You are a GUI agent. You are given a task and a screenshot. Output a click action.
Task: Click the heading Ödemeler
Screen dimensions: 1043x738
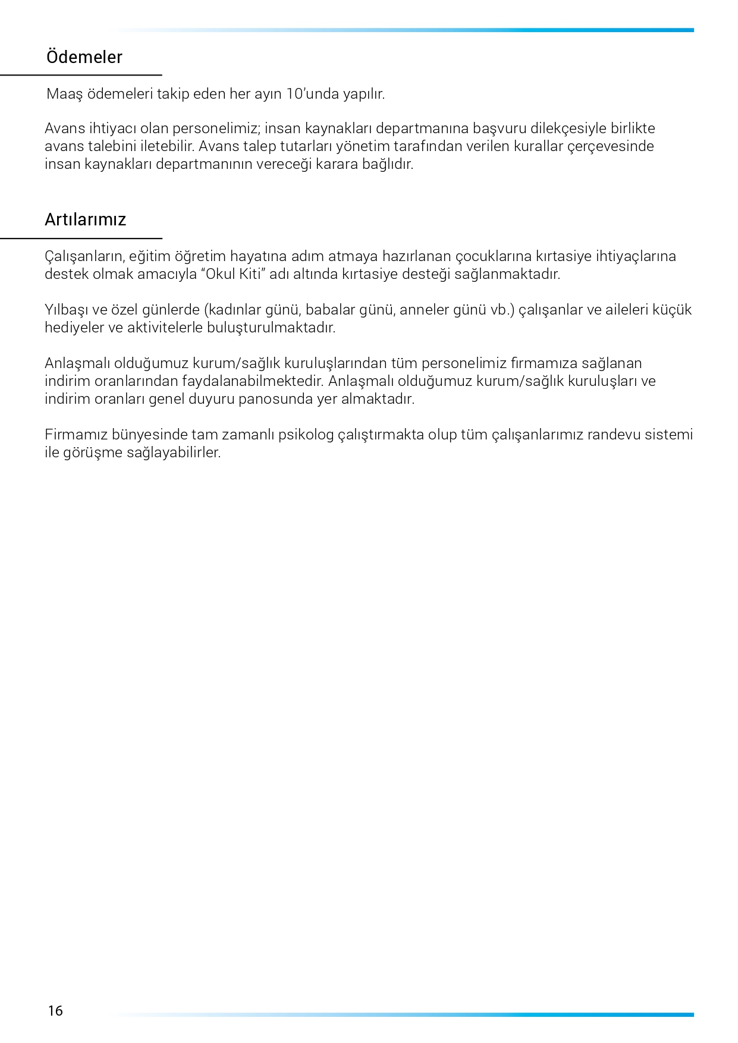pos(84,57)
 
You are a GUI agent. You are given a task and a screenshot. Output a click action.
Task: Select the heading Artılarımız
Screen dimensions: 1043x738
pos(86,220)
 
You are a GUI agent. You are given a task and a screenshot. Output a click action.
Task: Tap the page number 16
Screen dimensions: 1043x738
pos(55,1011)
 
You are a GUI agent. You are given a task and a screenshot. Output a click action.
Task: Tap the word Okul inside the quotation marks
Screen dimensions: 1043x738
pos(221,274)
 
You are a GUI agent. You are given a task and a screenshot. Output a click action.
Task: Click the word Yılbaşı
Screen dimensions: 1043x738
pos(67,310)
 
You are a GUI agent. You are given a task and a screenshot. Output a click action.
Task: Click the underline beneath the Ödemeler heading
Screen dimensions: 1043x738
pos(81,76)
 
